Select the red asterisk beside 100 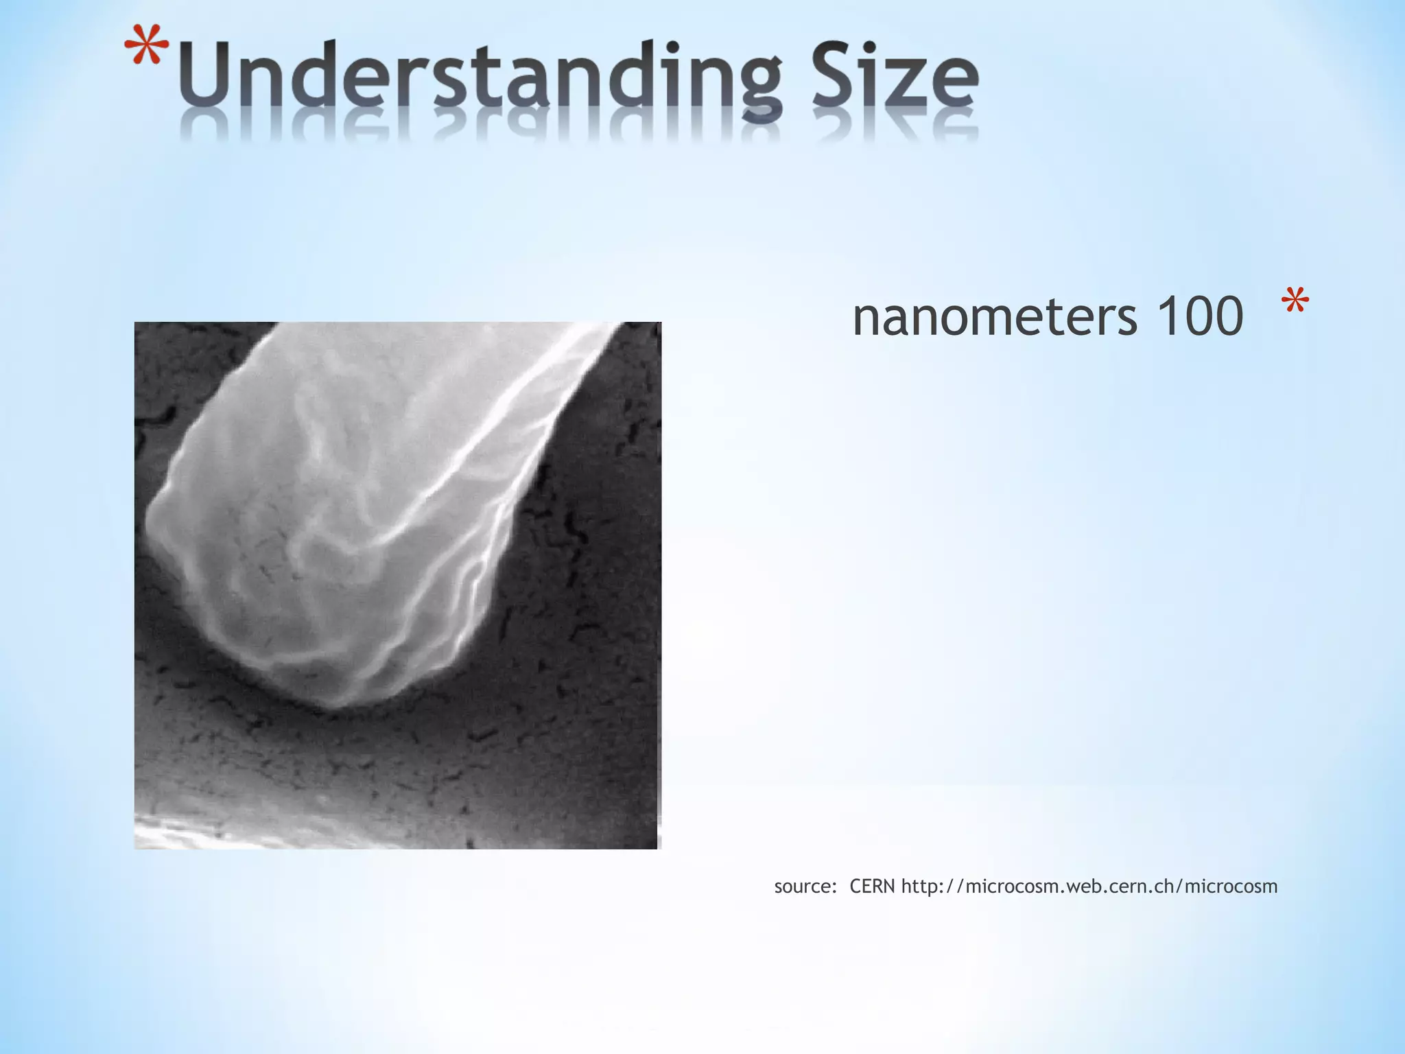(x=1295, y=303)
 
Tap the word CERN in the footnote (x=872, y=887)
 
